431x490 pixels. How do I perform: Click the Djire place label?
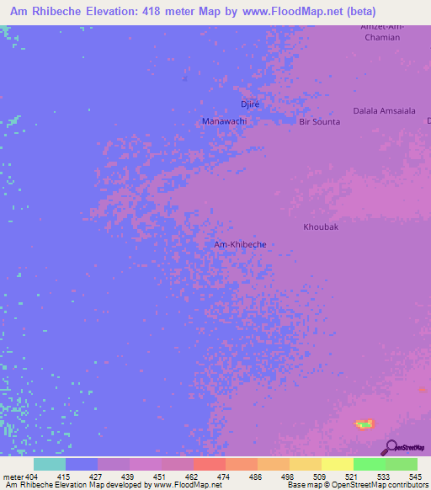point(250,104)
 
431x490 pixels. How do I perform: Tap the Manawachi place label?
point(224,121)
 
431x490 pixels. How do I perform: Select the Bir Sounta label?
point(320,122)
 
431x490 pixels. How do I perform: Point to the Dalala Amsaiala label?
point(384,110)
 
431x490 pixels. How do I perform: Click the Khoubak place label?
point(320,227)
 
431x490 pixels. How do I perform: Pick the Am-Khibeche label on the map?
point(240,244)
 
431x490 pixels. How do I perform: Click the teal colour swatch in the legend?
point(49,464)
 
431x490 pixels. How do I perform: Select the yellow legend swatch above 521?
point(337,464)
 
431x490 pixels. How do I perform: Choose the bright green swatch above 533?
point(369,464)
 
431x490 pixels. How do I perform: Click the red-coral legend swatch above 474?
point(209,464)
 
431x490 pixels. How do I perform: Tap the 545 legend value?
point(417,476)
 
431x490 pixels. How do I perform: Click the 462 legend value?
point(193,476)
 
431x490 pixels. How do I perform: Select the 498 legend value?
point(289,476)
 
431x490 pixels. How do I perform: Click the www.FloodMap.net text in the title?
point(288,12)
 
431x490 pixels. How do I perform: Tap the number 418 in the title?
point(155,12)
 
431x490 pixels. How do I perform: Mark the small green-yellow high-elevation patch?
point(364,423)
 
